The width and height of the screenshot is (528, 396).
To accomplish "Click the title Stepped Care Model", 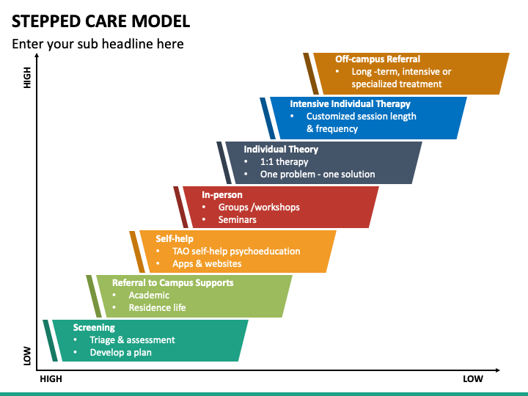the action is pyautogui.click(x=100, y=21).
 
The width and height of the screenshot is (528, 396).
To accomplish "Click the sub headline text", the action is pyautogui.click(x=98, y=44).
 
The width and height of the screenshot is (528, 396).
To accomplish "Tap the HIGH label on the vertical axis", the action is pyautogui.click(x=27, y=78).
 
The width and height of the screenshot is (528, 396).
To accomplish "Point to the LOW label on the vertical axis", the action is pyautogui.click(x=27, y=356).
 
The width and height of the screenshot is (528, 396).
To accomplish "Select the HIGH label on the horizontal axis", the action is pyautogui.click(x=51, y=379).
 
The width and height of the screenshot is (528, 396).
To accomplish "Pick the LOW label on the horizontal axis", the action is pyautogui.click(x=473, y=379).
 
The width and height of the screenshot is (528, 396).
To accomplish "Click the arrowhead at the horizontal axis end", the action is pyautogui.click(x=498, y=370).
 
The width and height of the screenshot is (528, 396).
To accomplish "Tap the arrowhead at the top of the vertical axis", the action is pyautogui.click(x=37, y=56).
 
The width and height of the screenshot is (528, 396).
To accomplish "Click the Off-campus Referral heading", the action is pyautogui.click(x=378, y=59).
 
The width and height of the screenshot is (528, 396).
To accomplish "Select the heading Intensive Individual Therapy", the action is pyautogui.click(x=351, y=103).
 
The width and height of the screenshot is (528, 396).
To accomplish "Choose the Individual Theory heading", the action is pyautogui.click(x=281, y=149).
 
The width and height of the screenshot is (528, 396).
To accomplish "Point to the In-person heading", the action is pyautogui.click(x=222, y=194).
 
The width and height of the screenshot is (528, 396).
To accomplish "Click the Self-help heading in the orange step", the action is pyautogui.click(x=175, y=239).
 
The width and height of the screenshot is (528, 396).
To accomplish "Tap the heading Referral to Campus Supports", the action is pyautogui.click(x=173, y=282).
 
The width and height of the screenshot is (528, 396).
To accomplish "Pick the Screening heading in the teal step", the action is pyautogui.click(x=94, y=327).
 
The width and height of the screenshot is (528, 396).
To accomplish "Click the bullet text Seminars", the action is pyautogui.click(x=237, y=219).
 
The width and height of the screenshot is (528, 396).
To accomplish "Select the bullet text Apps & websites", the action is pyautogui.click(x=207, y=263).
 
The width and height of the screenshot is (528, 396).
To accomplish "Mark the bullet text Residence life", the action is pyautogui.click(x=157, y=307).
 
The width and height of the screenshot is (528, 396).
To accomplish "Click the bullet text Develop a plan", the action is pyautogui.click(x=120, y=353).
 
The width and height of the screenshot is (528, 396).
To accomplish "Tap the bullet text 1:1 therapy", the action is pyautogui.click(x=284, y=162).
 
